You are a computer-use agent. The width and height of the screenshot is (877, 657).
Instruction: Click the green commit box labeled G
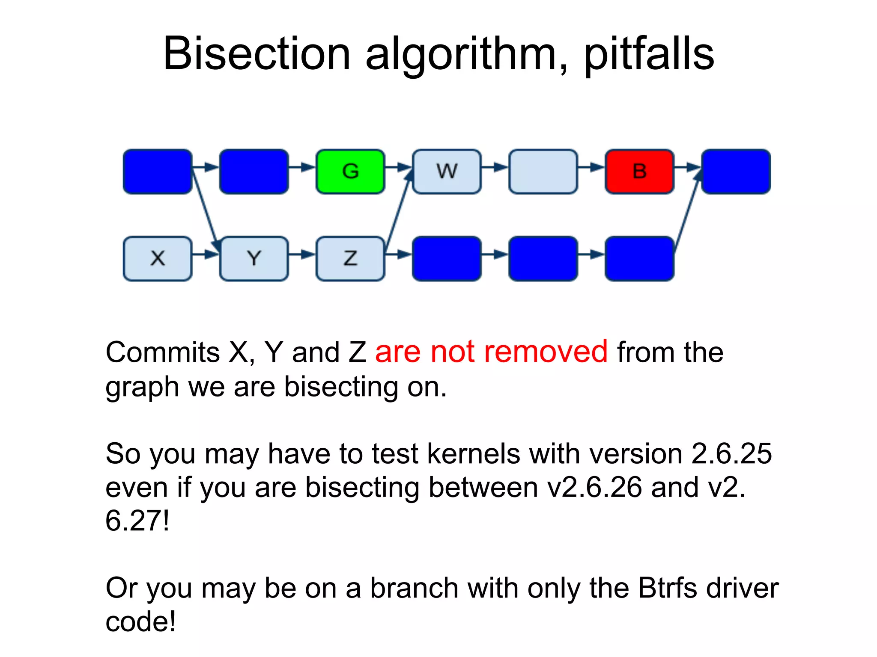350,172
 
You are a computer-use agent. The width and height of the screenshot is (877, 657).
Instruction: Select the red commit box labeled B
639,172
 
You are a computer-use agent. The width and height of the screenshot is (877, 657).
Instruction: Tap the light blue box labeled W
447,172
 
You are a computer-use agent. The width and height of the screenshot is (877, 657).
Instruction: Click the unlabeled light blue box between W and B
543,172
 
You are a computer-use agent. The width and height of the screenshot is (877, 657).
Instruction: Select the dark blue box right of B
736,172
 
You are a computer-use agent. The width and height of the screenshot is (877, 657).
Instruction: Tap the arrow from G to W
398,167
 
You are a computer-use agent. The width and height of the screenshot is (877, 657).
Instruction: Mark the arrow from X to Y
206,255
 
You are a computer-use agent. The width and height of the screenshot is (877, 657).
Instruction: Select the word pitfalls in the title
649,54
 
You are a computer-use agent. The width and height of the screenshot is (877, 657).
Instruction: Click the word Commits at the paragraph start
163,352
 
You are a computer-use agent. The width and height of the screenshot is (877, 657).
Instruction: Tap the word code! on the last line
140,621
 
